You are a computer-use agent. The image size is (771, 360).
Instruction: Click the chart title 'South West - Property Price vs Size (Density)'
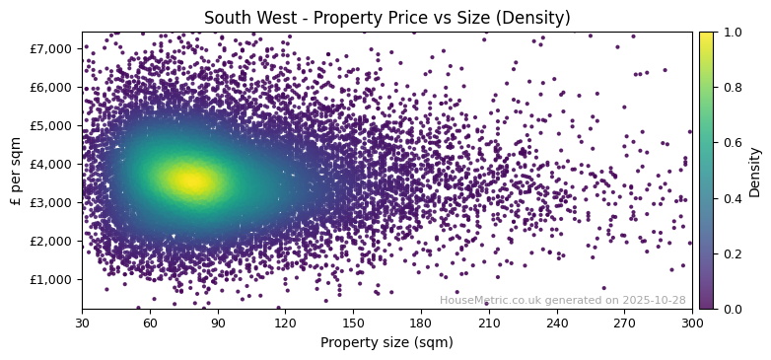(386, 18)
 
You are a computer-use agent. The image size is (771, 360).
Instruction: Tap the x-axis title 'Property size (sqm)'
(386, 343)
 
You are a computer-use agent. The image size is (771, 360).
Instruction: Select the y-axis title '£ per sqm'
(17, 171)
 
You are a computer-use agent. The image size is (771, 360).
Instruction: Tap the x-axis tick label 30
(82, 323)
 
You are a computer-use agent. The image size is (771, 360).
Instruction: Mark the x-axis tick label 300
(692, 323)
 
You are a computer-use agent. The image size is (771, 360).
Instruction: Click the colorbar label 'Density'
(755, 171)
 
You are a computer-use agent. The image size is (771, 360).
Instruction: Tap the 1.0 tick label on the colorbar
(731, 32)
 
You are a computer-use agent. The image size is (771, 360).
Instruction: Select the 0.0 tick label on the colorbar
(731, 309)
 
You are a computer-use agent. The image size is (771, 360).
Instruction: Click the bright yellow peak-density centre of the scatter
(190, 180)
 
